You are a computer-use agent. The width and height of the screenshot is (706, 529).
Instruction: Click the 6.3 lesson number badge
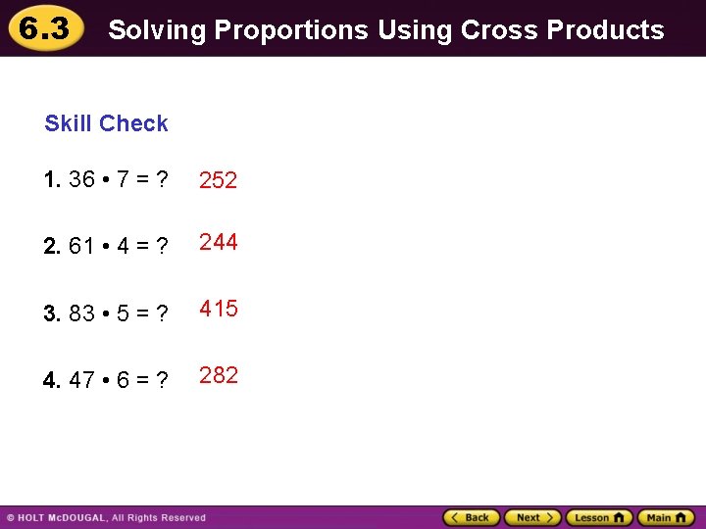[x=44, y=29]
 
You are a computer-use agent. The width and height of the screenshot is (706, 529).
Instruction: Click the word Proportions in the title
[x=290, y=31]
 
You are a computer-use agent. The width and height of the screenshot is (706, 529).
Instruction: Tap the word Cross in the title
[x=500, y=30]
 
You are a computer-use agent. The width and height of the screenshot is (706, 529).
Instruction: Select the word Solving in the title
[x=157, y=31]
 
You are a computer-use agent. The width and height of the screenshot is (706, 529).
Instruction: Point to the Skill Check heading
[x=106, y=123]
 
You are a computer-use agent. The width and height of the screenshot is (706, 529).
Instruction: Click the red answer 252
[x=219, y=180]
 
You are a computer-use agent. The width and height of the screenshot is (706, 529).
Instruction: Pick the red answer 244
[x=219, y=242]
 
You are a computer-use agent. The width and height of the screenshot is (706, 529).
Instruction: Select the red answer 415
[x=219, y=309]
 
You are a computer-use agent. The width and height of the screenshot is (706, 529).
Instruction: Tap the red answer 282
[x=219, y=375]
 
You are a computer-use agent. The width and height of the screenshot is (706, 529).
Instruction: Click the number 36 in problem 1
[x=82, y=180]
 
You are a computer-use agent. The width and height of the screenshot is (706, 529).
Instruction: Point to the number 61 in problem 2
[x=82, y=247]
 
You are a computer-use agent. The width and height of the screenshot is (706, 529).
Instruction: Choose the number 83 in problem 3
[x=82, y=313]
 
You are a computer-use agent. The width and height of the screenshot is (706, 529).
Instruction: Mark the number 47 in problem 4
[x=82, y=380]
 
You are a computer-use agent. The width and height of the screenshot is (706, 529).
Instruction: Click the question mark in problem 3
[x=162, y=313]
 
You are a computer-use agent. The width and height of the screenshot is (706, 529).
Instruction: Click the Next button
[x=532, y=517]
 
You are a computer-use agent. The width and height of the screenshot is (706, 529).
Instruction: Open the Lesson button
[x=598, y=517]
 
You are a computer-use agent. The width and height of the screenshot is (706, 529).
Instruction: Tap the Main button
[x=665, y=517]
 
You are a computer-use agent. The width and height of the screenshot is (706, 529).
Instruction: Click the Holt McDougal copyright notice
[x=107, y=517]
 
